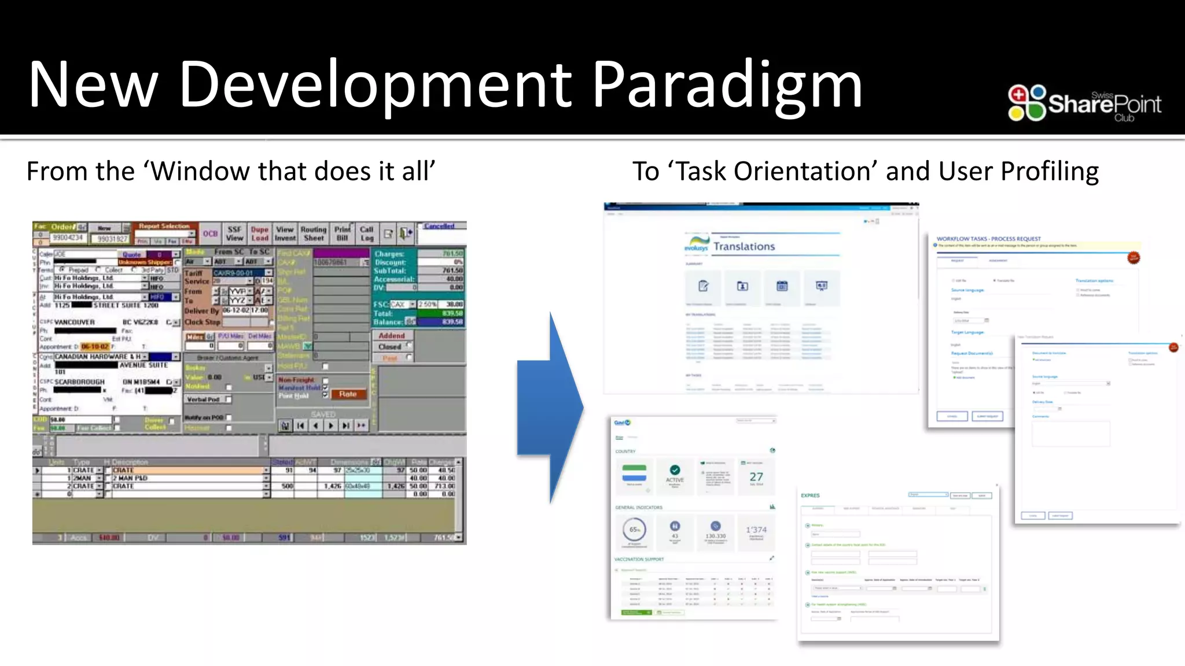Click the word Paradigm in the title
pyautogui.click(x=727, y=86)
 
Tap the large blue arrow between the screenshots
pyautogui.click(x=550, y=408)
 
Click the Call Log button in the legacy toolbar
pyautogui.click(x=367, y=234)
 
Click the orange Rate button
pyautogui.click(x=348, y=394)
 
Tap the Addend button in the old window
pyautogui.click(x=392, y=336)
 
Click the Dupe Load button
pyautogui.click(x=260, y=234)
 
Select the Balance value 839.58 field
pyautogui.click(x=441, y=322)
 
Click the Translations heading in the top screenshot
pyautogui.click(x=744, y=247)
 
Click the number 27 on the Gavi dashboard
pyautogui.click(x=756, y=477)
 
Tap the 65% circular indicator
pyautogui.click(x=635, y=530)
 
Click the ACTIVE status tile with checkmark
pyautogui.click(x=675, y=475)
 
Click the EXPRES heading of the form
pyautogui.click(x=810, y=495)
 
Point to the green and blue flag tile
pyautogui.click(x=634, y=473)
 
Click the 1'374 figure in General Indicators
pyautogui.click(x=756, y=530)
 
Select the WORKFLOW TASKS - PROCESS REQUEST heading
pyautogui.click(x=988, y=239)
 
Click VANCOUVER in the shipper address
pyautogui.click(x=75, y=322)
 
